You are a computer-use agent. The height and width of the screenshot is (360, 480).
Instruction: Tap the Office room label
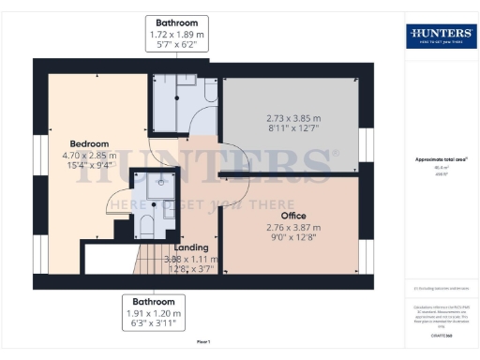pos(294,215)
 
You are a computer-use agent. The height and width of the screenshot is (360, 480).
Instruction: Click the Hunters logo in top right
pos(439,37)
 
